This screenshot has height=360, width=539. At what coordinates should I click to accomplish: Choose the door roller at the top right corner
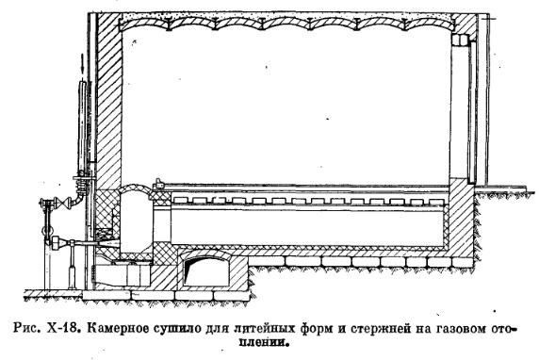[464, 39]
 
